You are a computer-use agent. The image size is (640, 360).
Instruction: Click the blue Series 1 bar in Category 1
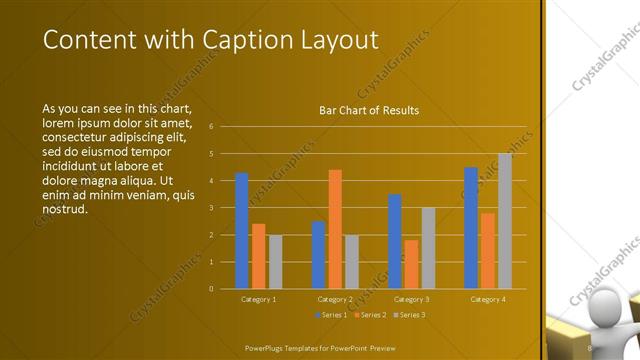click(241, 231)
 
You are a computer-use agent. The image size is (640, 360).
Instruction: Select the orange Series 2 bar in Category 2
click(335, 229)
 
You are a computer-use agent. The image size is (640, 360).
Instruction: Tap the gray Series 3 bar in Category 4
click(504, 221)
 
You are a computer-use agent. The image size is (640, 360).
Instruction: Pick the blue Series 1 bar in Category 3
click(395, 241)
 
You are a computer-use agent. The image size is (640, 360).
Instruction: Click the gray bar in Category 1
click(275, 262)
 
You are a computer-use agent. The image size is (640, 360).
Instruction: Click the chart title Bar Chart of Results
click(368, 110)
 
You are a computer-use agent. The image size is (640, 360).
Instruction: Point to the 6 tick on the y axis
click(211, 127)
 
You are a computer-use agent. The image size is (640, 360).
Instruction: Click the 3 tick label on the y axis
click(211, 208)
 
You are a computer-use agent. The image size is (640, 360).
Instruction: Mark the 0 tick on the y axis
click(211, 289)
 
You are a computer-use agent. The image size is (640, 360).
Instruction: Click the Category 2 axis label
click(335, 299)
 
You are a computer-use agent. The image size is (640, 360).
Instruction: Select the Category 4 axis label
click(487, 299)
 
